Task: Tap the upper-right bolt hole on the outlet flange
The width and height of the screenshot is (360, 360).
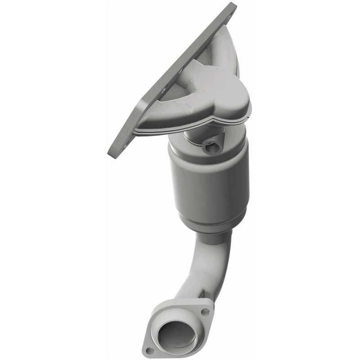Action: (x=205, y=311)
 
